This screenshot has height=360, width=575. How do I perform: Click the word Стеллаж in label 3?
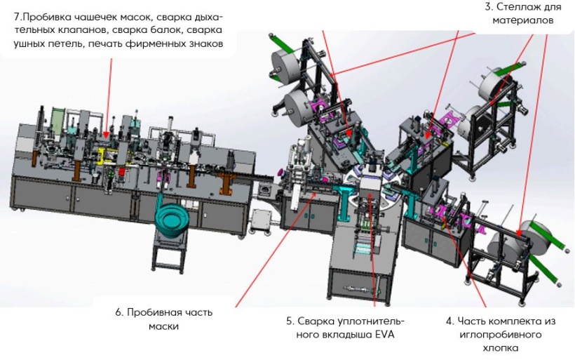[515, 8]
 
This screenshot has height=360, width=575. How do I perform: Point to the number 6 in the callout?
[119, 312]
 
